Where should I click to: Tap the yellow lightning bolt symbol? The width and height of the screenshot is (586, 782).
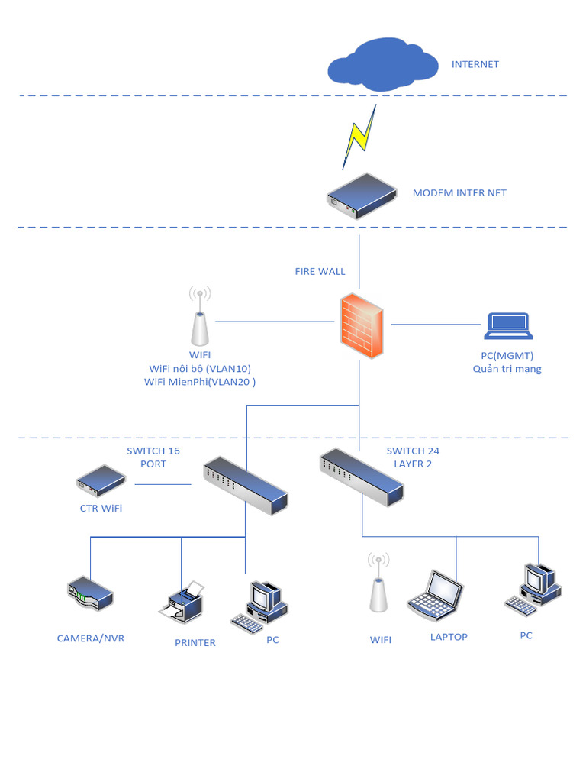[x=359, y=137]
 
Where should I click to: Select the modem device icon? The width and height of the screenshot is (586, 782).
[x=361, y=195]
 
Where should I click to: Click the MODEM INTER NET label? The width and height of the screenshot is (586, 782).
[x=459, y=193]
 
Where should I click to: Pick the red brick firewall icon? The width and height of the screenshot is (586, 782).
[x=362, y=325]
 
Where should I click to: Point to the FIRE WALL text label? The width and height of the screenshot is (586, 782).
[x=320, y=271]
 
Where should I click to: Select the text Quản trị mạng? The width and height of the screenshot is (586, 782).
[x=507, y=370]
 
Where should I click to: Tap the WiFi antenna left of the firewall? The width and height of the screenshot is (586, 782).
[x=199, y=316]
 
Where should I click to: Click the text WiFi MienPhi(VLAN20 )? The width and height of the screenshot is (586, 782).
[x=199, y=382]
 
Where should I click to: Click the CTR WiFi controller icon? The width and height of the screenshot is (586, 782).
[x=101, y=480]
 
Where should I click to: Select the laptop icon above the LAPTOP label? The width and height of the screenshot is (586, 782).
[x=436, y=596]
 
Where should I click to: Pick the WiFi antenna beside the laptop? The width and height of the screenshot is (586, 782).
[x=377, y=584]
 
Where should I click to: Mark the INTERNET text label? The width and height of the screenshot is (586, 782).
[x=475, y=64]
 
